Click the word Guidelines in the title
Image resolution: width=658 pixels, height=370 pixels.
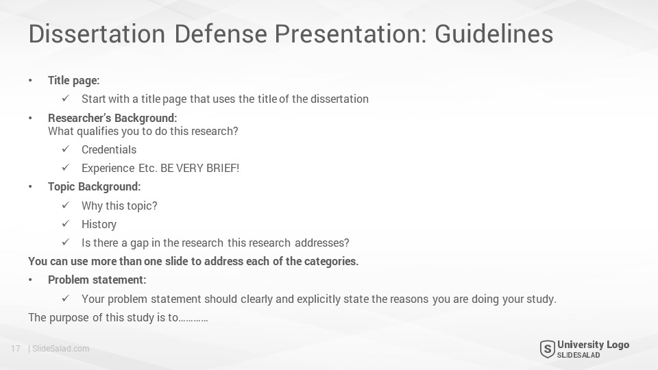[494, 34]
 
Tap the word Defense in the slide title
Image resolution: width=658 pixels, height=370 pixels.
[221, 34]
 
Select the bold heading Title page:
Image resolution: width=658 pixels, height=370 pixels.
[74, 81]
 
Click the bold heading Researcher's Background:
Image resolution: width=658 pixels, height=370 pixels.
[112, 118]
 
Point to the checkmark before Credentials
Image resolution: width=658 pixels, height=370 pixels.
[66, 149]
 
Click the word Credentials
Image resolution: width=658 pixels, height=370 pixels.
[109, 150]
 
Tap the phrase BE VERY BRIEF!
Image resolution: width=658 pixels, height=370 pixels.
[199, 169]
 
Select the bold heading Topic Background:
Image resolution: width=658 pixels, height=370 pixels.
[95, 186]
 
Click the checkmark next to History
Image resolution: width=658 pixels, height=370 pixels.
[66, 223]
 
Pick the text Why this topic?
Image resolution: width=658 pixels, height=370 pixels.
[119, 206]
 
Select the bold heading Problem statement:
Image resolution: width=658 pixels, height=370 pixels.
[97, 280]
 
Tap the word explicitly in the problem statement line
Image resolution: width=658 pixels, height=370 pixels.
[319, 299]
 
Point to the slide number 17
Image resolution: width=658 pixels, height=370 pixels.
[16, 349]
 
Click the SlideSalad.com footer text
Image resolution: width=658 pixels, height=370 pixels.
[61, 349]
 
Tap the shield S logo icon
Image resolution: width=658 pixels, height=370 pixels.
[547, 349]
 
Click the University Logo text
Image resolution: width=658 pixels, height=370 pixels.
[594, 345]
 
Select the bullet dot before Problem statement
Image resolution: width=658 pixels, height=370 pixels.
[30, 280]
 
